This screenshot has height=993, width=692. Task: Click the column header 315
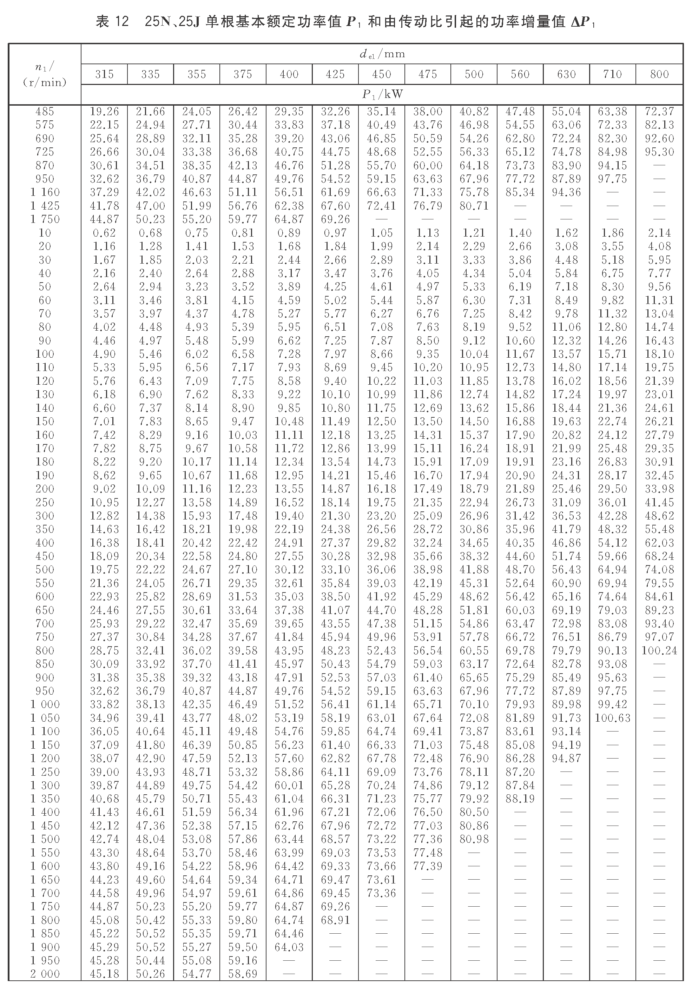[x=104, y=74]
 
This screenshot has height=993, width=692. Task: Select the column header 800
[x=659, y=74]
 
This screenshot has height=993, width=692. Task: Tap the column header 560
[x=520, y=74]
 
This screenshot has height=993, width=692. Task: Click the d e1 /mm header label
[x=382, y=54]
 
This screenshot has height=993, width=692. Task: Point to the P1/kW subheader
[x=382, y=95]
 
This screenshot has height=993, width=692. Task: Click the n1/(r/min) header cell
[x=45, y=74]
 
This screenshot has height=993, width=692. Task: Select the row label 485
[x=45, y=112]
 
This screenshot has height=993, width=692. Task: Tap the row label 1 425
[x=45, y=206]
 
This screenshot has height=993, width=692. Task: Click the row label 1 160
[x=45, y=192]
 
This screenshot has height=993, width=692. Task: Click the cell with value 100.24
[x=659, y=650]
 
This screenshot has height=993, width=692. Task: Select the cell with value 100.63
[x=612, y=718]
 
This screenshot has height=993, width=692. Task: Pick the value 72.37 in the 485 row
[x=659, y=112]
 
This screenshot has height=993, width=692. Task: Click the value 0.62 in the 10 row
[x=104, y=233]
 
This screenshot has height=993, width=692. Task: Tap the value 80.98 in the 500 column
[x=474, y=839]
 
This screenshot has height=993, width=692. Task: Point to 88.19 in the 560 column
[x=520, y=799]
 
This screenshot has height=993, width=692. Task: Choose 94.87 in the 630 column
[x=566, y=758]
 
